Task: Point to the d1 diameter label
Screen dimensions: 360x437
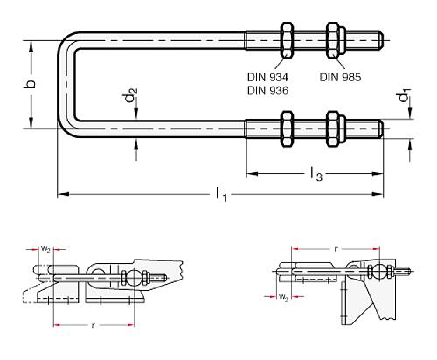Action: (403, 93)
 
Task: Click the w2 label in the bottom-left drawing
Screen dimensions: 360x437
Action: (46, 248)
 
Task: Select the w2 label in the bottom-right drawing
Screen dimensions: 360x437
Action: (284, 298)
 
